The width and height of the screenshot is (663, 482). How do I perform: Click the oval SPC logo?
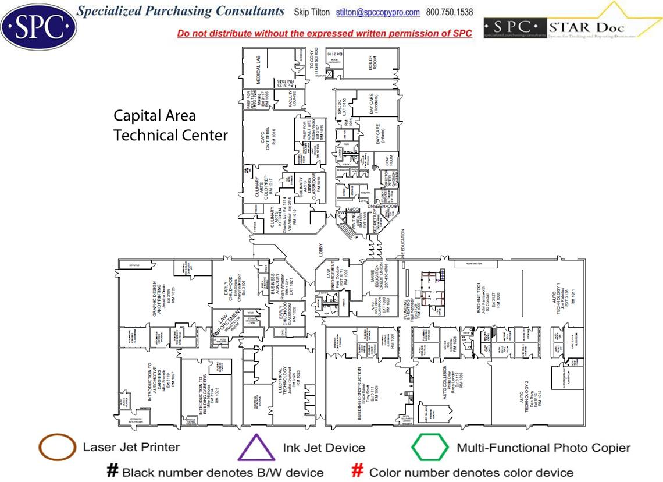(38, 26)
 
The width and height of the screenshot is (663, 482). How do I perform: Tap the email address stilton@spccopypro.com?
(378, 12)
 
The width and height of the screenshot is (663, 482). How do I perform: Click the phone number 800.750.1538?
(450, 12)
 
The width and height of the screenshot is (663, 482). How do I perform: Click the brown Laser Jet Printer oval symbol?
(57, 448)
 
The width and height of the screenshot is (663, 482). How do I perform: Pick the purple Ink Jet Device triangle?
(255, 448)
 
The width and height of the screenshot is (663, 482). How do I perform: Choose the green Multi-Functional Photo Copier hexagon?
(430, 448)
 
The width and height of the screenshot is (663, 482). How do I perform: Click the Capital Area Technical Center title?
(170, 125)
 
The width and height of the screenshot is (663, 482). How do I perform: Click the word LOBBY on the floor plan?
(320, 250)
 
